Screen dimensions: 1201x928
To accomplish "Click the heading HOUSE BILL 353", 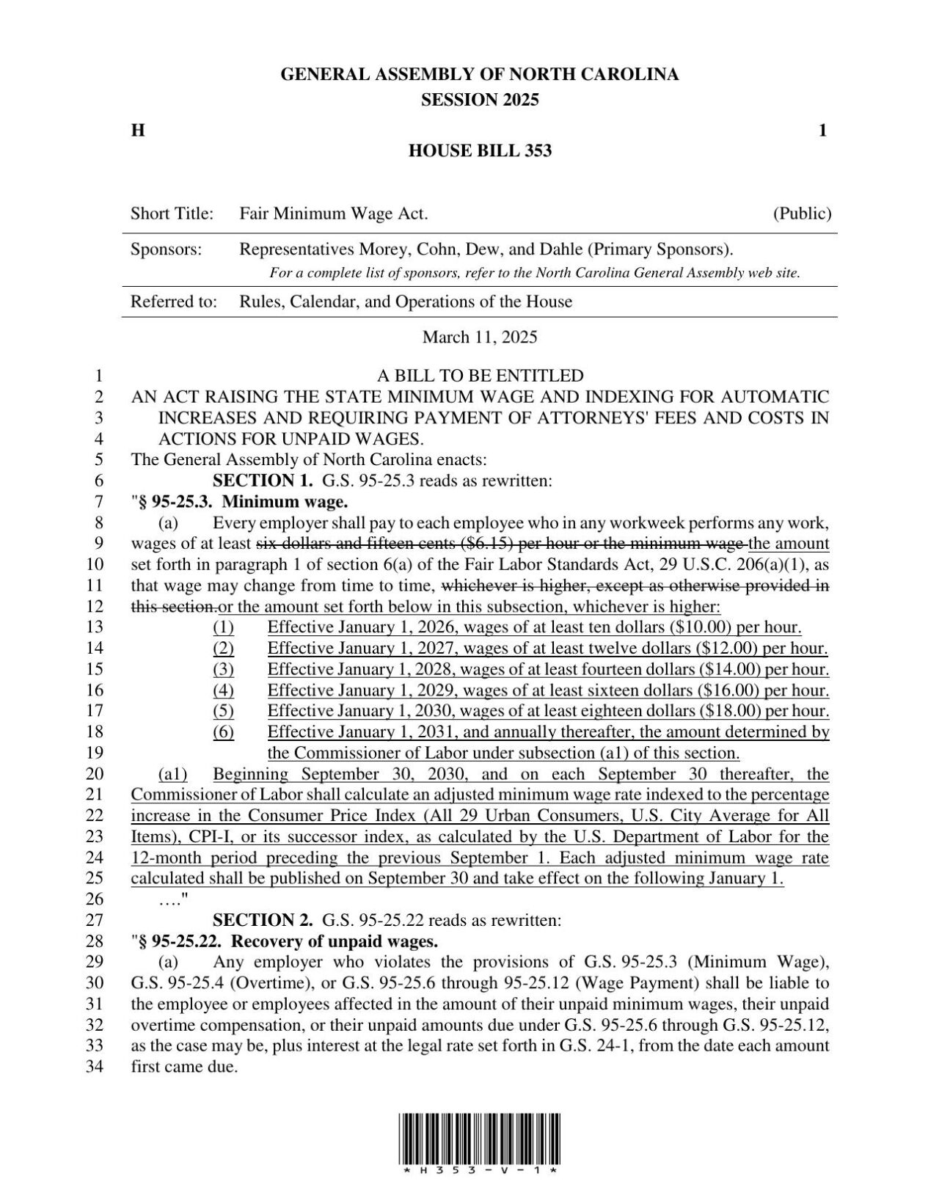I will click(480, 151).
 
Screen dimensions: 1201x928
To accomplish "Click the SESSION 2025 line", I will click(480, 100).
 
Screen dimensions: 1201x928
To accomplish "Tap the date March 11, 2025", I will click(480, 337).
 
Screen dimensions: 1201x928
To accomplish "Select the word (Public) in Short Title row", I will click(802, 214).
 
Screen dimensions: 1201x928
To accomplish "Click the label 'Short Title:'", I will click(172, 214).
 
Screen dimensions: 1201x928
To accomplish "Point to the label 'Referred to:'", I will click(174, 302).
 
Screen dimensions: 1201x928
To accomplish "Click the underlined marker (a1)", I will click(173, 774).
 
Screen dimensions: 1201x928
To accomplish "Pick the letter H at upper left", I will click(137, 131).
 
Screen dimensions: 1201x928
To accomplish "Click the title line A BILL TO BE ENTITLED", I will click(480, 376).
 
